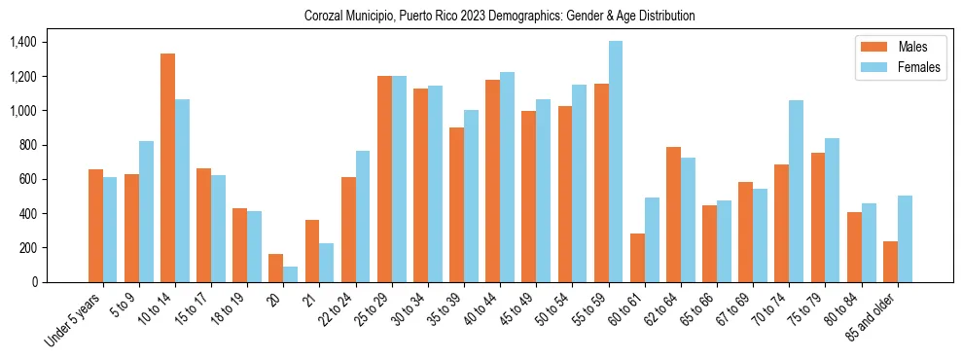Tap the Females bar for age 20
[x=291, y=274]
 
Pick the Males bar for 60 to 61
[x=637, y=258]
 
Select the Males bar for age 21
[x=312, y=251]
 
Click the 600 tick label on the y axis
[x=26, y=180]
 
